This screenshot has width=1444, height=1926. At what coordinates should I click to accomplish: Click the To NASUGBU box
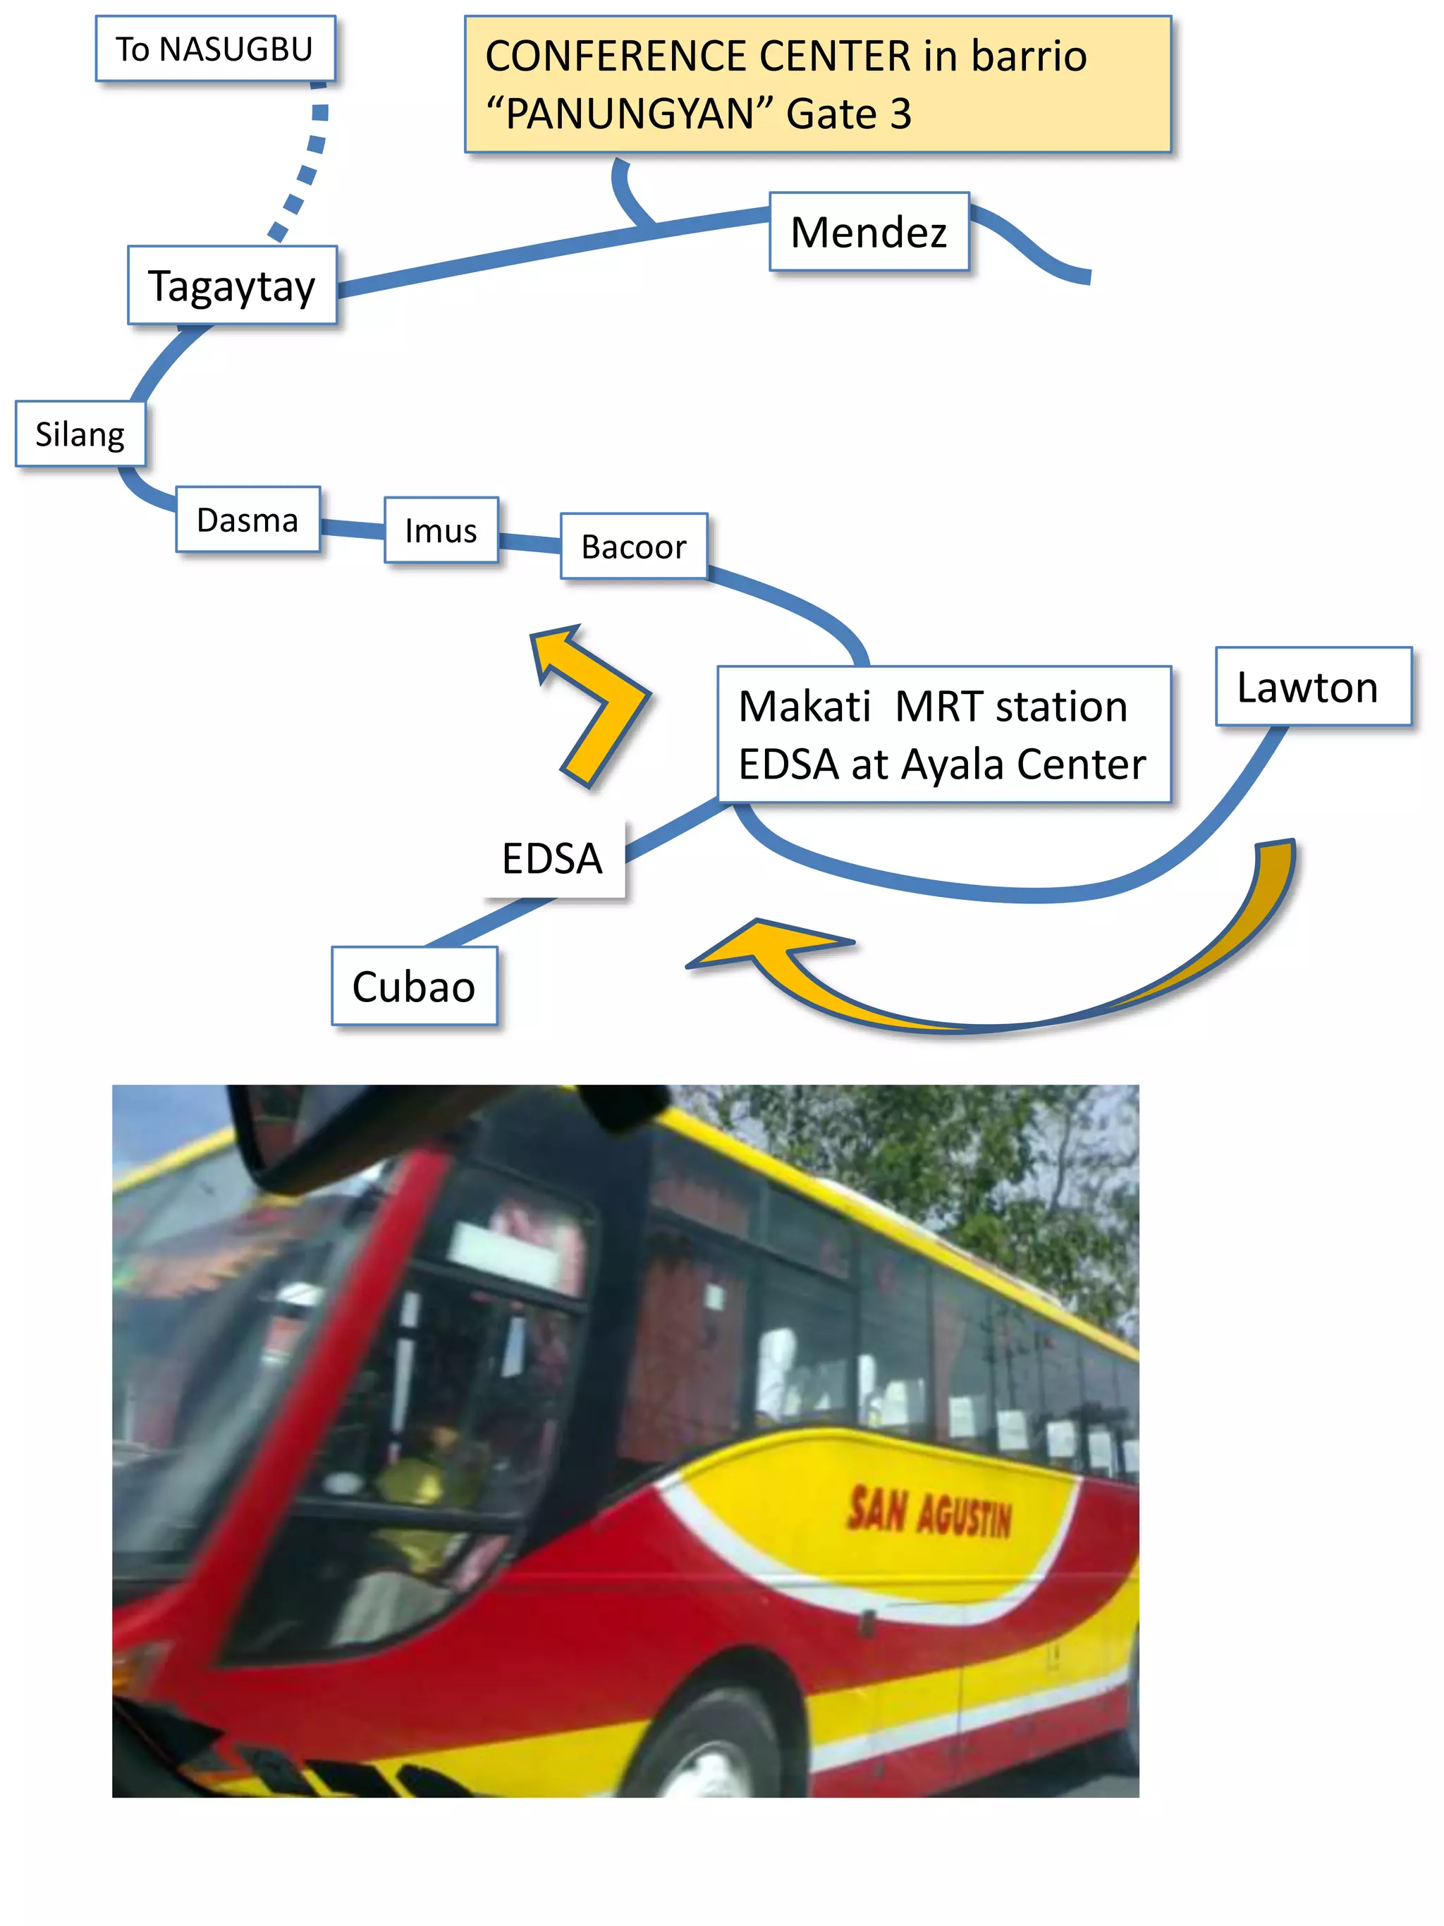(x=214, y=49)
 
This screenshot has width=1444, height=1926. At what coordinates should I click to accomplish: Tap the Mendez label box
(x=868, y=231)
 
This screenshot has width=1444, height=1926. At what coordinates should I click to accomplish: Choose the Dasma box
(x=247, y=520)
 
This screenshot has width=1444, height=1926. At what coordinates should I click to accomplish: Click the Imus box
(x=441, y=530)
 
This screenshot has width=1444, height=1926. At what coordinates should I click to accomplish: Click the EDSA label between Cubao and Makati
(x=552, y=858)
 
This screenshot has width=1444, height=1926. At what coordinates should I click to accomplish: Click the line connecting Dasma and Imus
(x=352, y=528)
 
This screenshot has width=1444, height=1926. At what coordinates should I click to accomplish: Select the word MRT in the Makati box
(x=940, y=706)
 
